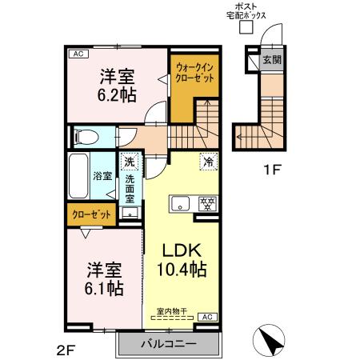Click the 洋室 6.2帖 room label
[x=117, y=85]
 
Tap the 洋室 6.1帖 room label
[x=106, y=278]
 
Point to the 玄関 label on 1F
[x=272, y=59]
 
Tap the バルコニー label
[x=169, y=344]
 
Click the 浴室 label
[x=101, y=175]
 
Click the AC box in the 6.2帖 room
[x=78, y=54]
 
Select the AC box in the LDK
[x=206, y=317]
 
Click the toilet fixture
[x=83, y=137]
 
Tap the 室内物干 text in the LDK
[x=171, y=310]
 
